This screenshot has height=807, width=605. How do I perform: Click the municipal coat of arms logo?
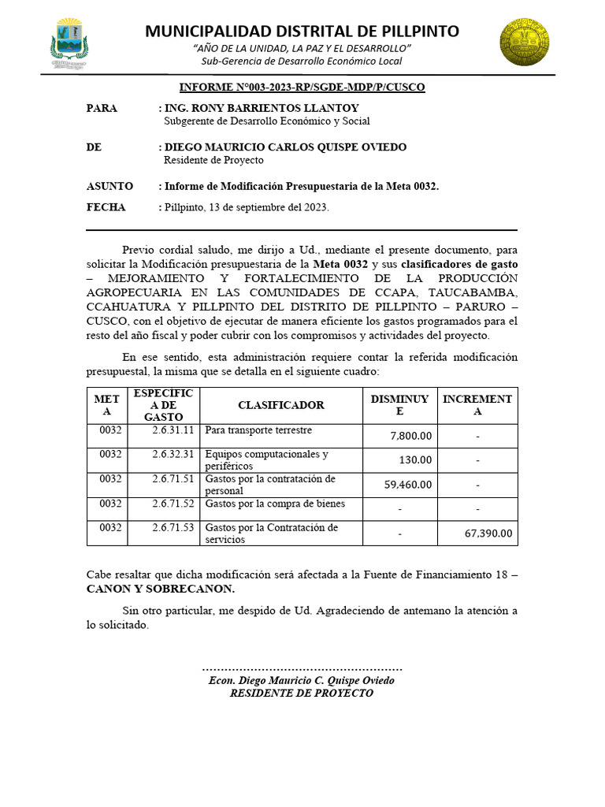[x=69, y=44]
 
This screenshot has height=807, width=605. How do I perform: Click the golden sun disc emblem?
[x=525, y=43]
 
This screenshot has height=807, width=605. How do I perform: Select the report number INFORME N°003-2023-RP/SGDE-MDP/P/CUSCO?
[x=302, y=87]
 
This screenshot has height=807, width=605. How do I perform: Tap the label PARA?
[x=102, y=108]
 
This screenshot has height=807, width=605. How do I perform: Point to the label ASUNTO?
[x=109, y=186]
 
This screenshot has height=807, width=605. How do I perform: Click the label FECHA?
[x=106, y=207]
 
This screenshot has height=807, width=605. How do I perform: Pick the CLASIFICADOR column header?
[x=281, y=405]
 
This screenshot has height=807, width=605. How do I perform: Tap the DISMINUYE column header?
[x=399, y=405]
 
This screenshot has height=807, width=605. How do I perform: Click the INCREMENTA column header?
[x=477, y=405]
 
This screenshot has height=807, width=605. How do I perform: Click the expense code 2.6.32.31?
[x=173, y=454]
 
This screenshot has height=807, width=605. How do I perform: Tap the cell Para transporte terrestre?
[x=258, y=430]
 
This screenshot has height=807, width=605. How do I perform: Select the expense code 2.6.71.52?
[x=173, y=503]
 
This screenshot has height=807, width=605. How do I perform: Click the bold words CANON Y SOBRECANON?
[x=161, y=589]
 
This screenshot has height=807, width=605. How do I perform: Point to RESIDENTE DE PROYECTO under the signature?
[x=302, y=693]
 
